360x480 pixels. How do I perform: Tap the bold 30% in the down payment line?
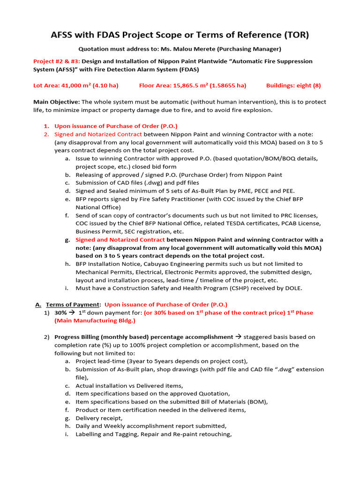(x=61, y=313)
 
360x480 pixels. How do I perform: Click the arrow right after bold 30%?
(x=73, y=313)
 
